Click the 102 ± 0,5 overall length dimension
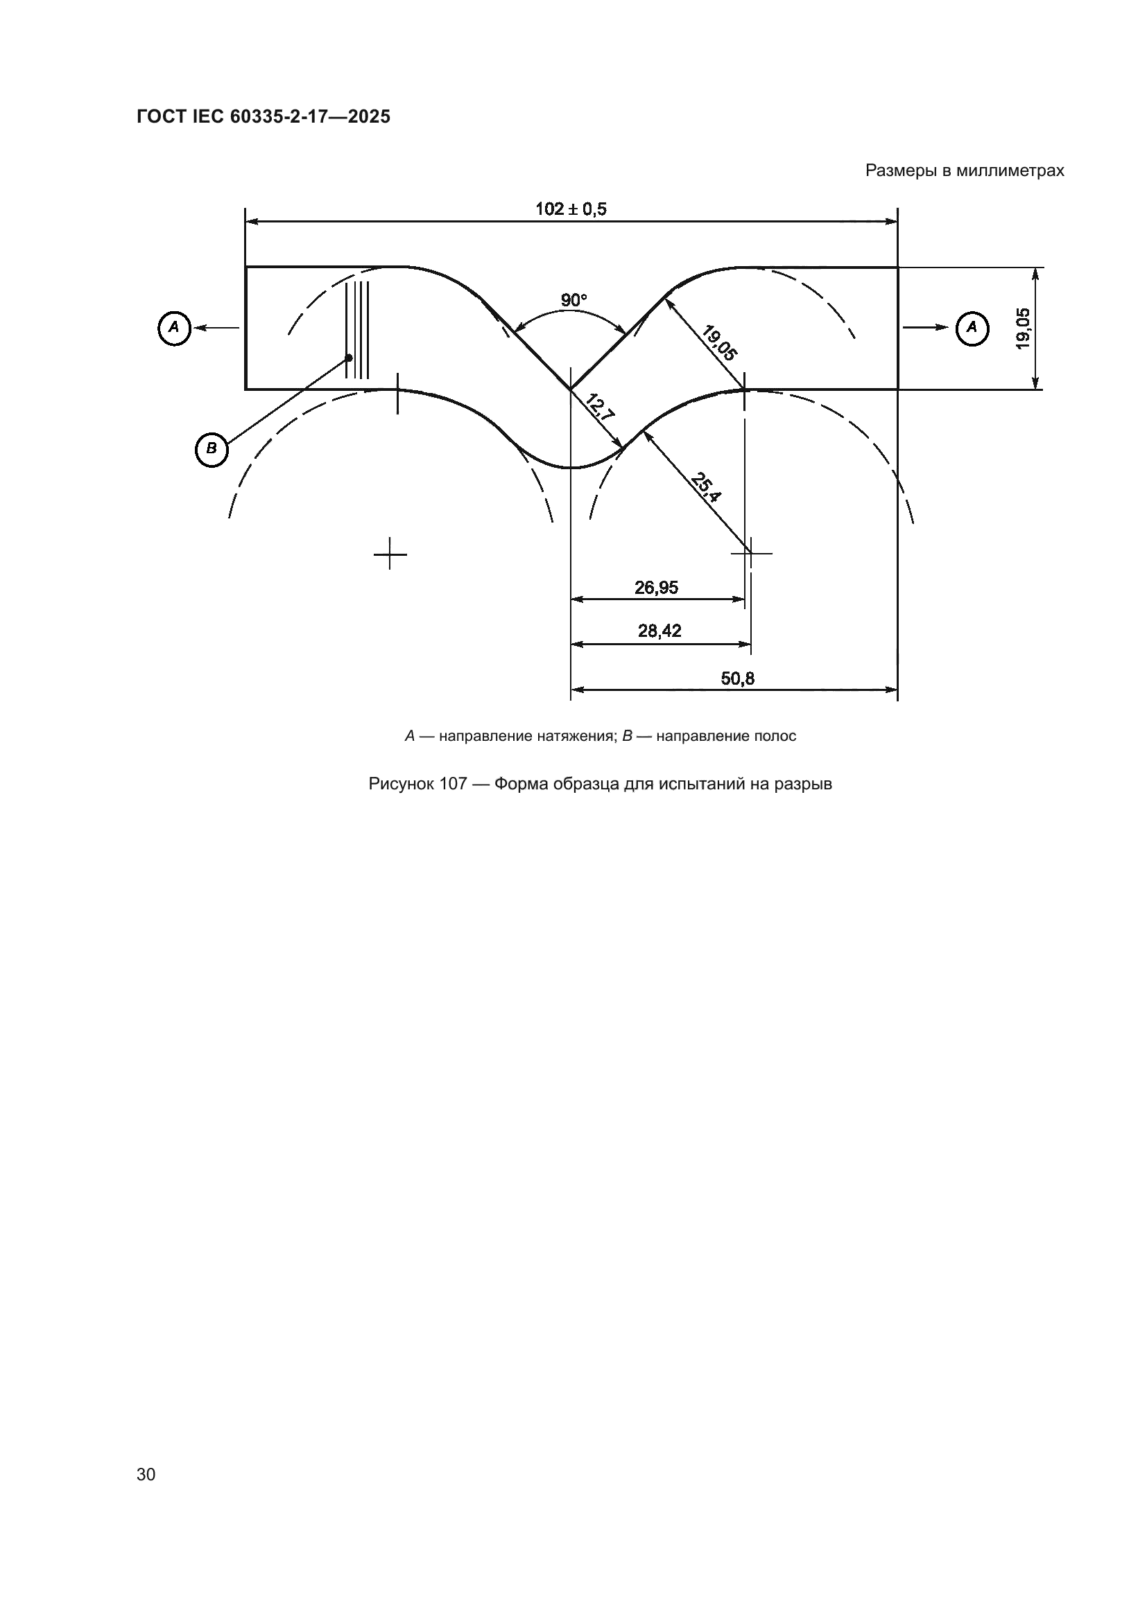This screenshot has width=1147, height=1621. pos(571,209)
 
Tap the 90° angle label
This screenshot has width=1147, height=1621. pos(573,301)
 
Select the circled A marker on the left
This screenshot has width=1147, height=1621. pos(175,328)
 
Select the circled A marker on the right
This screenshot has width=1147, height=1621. pos(972,328)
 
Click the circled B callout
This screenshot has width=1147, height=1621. pos(212,449)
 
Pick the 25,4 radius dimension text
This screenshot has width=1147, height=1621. pos(705,488)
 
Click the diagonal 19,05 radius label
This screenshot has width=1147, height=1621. pos(719,343)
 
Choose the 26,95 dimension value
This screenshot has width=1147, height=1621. pos(656,588)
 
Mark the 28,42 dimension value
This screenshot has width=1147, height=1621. pos(659,631)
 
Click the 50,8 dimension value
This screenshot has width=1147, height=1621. pos(737,678)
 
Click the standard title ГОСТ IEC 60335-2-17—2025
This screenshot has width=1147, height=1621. pos(264,117)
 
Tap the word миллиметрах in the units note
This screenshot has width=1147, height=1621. pos(1010,171)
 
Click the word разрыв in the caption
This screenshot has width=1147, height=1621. pos(804,785)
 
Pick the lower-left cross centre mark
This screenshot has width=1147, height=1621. pos(390,554)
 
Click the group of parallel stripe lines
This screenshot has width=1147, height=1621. pos(357,330)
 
